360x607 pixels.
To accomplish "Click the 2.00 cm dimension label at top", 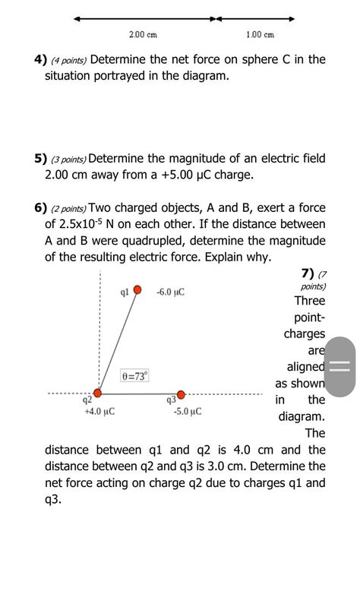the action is coord(143,35).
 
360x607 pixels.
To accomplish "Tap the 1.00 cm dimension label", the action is coord(261,35).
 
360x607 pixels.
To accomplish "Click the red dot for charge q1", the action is coord(137,289).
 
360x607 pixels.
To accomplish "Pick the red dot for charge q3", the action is coord(181,394).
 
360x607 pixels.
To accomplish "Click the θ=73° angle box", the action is coord(135,376).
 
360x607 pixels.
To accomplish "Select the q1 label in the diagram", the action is coord(124,291).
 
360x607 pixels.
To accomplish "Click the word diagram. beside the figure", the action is coord(302,416).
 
